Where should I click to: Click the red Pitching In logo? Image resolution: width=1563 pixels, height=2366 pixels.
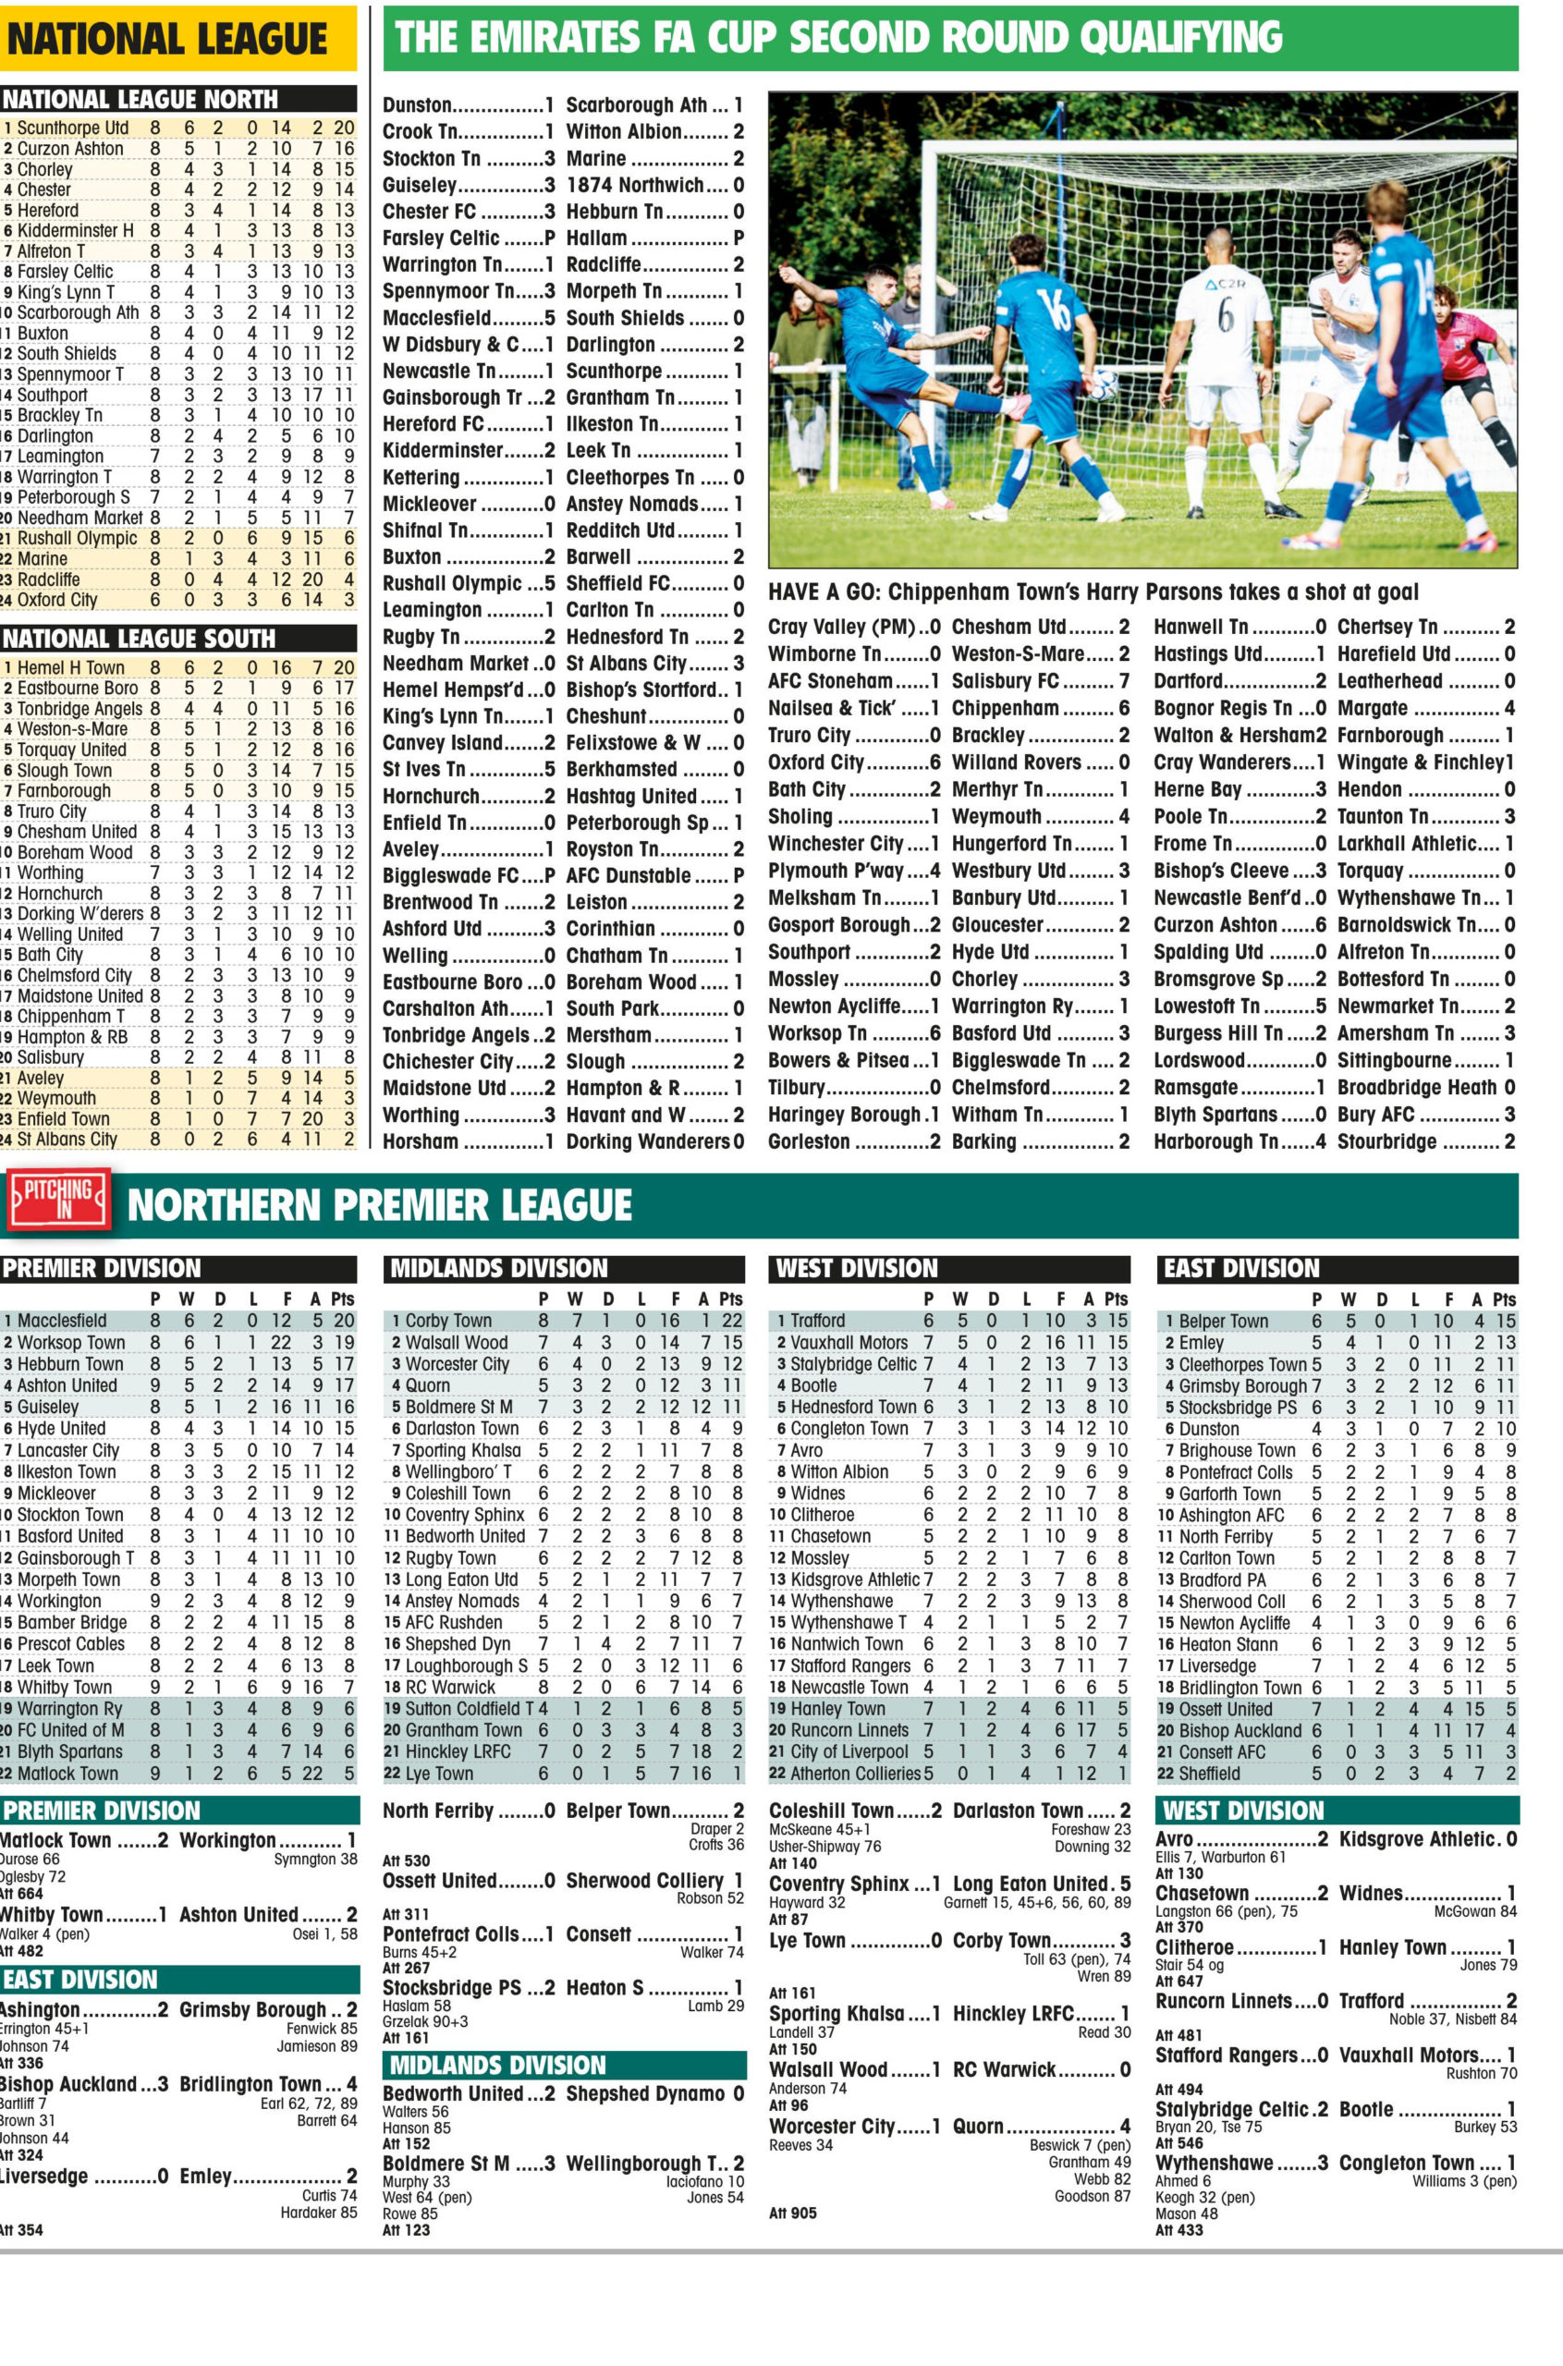[x=58, y=1203]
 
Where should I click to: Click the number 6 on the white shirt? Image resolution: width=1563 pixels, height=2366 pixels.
[x=1226, y=319]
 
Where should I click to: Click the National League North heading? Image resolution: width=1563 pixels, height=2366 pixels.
[x=140, y=99]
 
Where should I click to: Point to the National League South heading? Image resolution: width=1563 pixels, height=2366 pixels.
[x=139, y=638]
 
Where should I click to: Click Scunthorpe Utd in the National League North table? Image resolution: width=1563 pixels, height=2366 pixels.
[x=73, y=128]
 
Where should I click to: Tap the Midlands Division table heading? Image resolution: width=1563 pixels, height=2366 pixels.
[x=498, y=1268]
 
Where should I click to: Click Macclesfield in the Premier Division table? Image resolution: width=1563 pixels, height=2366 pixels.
[x=62, y=1321]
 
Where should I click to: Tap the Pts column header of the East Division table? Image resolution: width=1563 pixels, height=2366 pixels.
[x=1504, y=1299]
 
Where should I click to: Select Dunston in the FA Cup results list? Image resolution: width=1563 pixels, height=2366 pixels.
[x=418, y=104]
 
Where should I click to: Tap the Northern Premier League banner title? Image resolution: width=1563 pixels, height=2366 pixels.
[x=379, y=1205]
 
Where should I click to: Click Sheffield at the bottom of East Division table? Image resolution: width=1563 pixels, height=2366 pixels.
[x=1210, y=1773]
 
